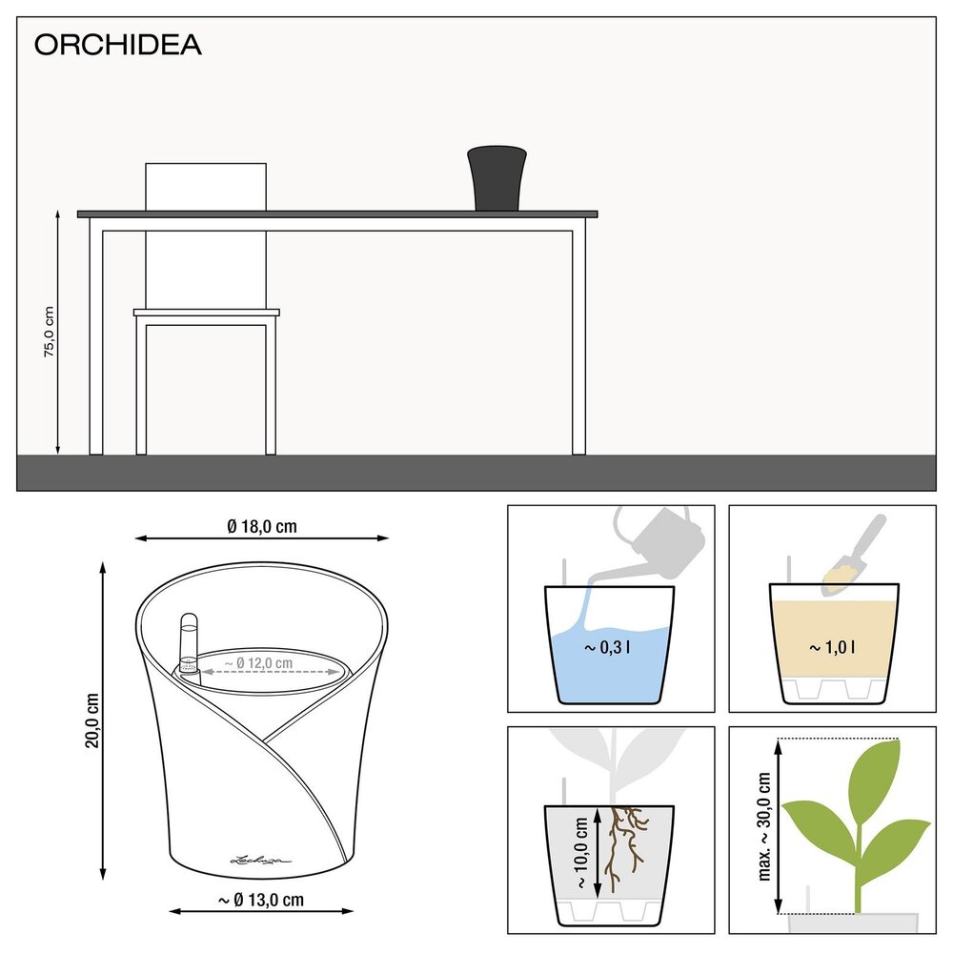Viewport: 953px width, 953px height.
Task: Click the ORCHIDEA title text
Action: tap(118, 45)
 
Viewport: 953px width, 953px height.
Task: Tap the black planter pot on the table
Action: tap(497, 178)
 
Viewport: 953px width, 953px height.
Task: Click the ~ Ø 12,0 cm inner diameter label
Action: tap(258, 662)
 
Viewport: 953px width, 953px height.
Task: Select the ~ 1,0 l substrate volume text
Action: tap(832, 648)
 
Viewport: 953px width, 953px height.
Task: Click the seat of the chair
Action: tap(207, 312)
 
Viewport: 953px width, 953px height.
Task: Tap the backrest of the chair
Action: tap(205, 186)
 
